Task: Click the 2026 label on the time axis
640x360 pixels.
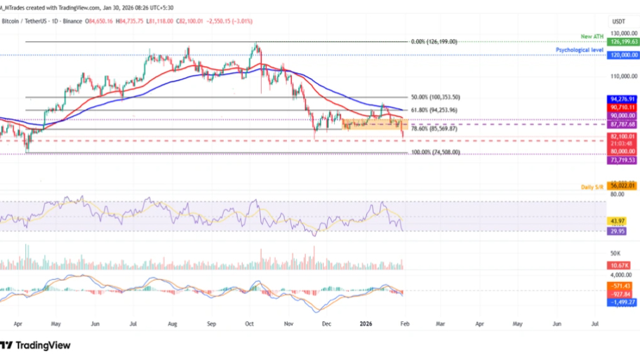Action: (x=365, y=325)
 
